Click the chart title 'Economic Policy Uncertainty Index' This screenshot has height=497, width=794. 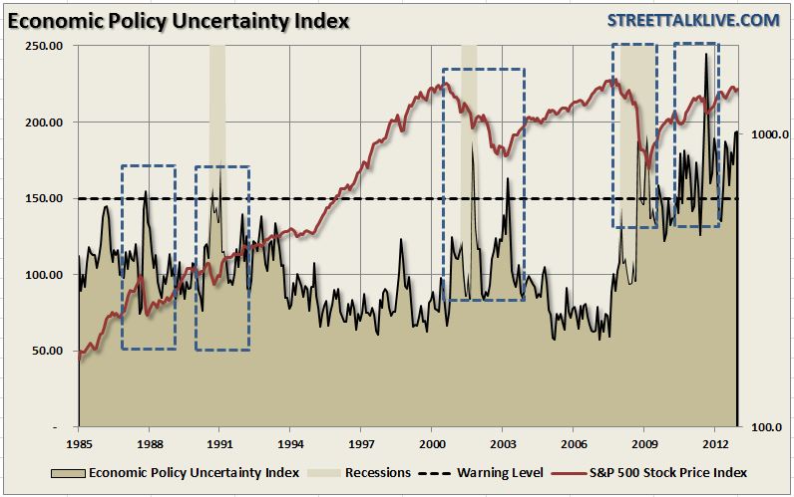coord(178,20)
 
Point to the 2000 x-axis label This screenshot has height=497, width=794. coord(431,441)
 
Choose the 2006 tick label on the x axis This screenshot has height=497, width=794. coord(573,441)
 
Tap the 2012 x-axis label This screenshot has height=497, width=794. coord(713,441)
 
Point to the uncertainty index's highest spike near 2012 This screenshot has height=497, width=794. coord(706,55)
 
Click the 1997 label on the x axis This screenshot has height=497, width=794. coord(361,441)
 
